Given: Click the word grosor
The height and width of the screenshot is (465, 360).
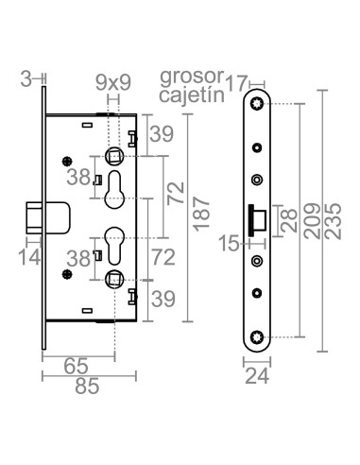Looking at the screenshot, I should pyautogui.click(x=188, y=75).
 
